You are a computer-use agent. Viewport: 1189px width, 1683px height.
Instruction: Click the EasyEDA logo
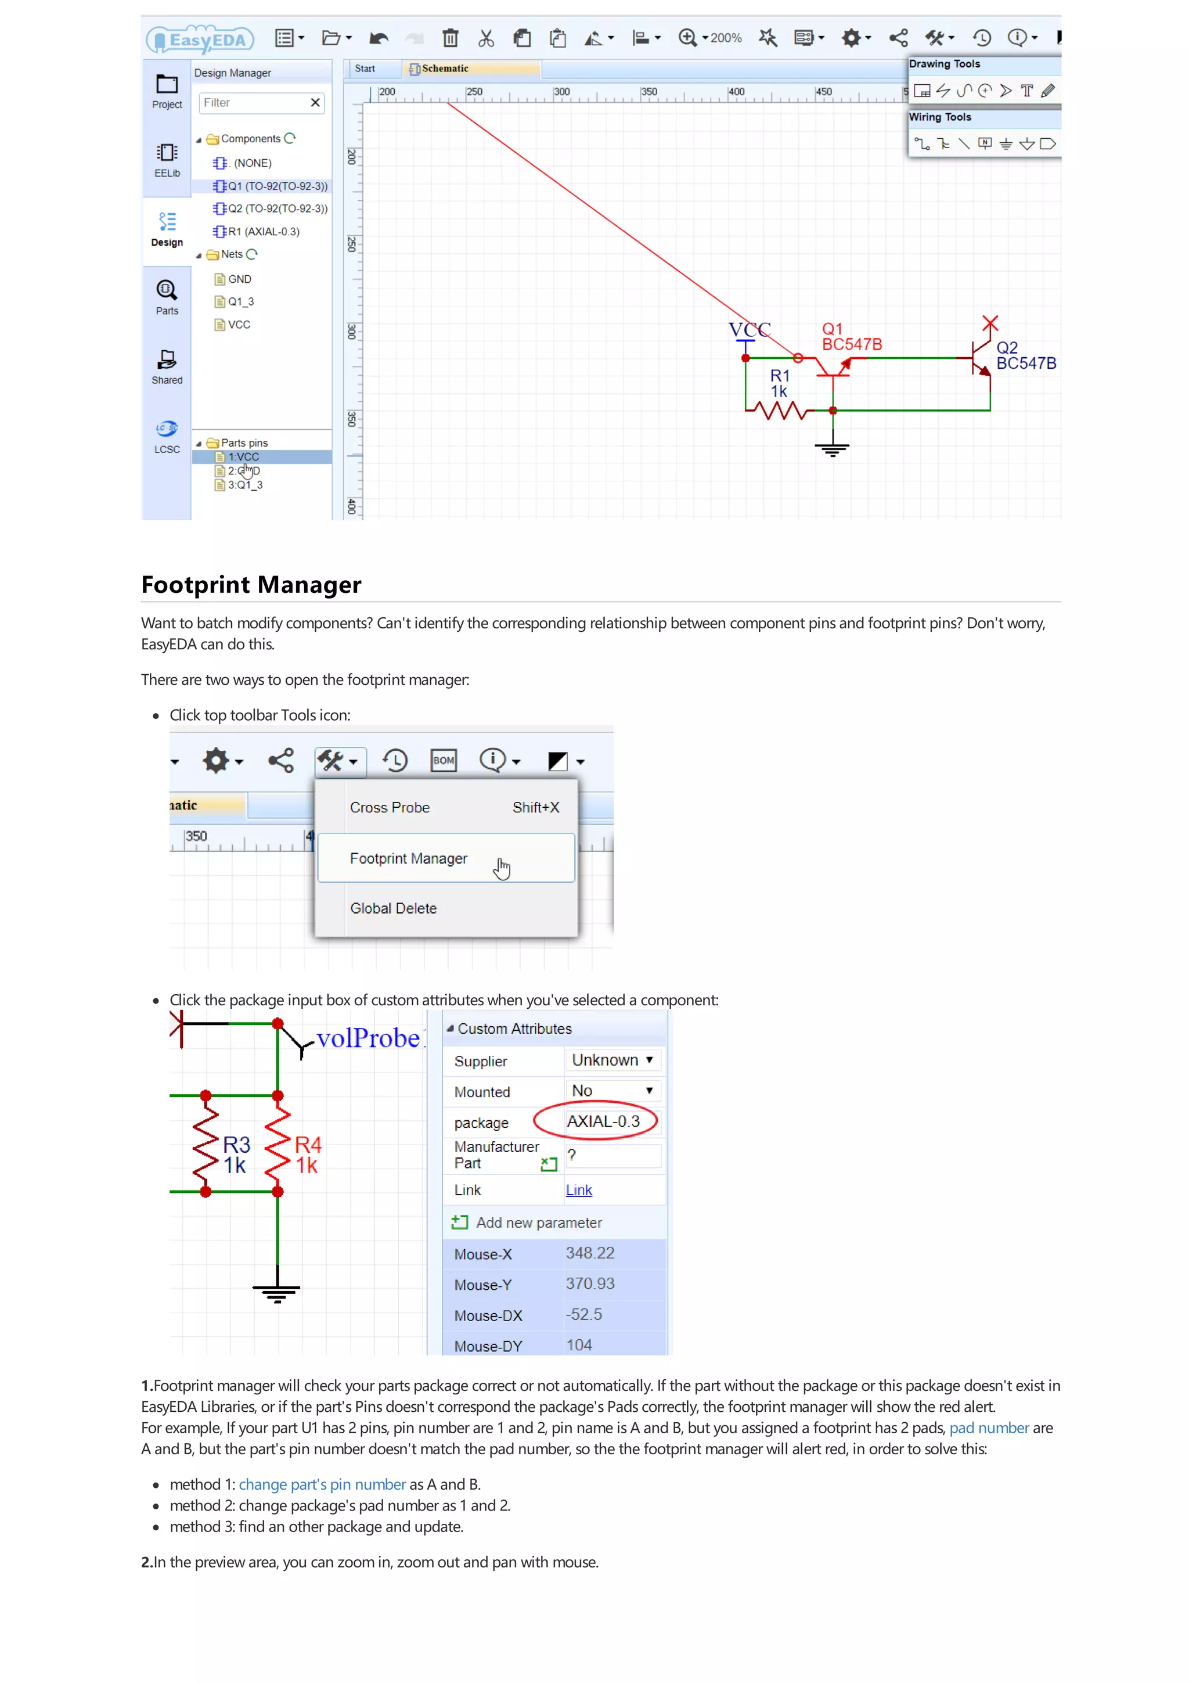[x=200, y=39]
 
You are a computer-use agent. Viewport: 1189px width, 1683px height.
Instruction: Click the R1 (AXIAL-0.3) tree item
[x=263, y=232]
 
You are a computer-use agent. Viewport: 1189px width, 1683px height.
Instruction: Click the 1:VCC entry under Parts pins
[x=243, y=456]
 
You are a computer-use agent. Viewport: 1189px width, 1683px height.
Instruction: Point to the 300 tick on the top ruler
[x=561, y=92]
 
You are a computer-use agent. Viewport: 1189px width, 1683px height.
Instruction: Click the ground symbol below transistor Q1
[x=831, y=448]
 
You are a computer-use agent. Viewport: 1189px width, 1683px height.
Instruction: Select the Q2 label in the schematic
[x=1007, y=347]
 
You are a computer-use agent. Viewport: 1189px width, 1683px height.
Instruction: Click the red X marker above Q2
[x=990, y=322]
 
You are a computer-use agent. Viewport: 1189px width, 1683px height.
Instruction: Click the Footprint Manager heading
[x=251, y=584]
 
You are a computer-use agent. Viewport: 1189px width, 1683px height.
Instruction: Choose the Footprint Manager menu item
[x=408, y=858]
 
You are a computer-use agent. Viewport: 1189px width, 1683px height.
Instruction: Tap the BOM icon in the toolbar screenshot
[x=443, y=760]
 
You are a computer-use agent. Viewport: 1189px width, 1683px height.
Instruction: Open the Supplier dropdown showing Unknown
[x=612, y=1060]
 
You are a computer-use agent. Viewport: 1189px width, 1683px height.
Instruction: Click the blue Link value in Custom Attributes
[x=578, y=1191]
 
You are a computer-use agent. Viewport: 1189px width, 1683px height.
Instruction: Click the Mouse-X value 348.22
[x=590, y=1253]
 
